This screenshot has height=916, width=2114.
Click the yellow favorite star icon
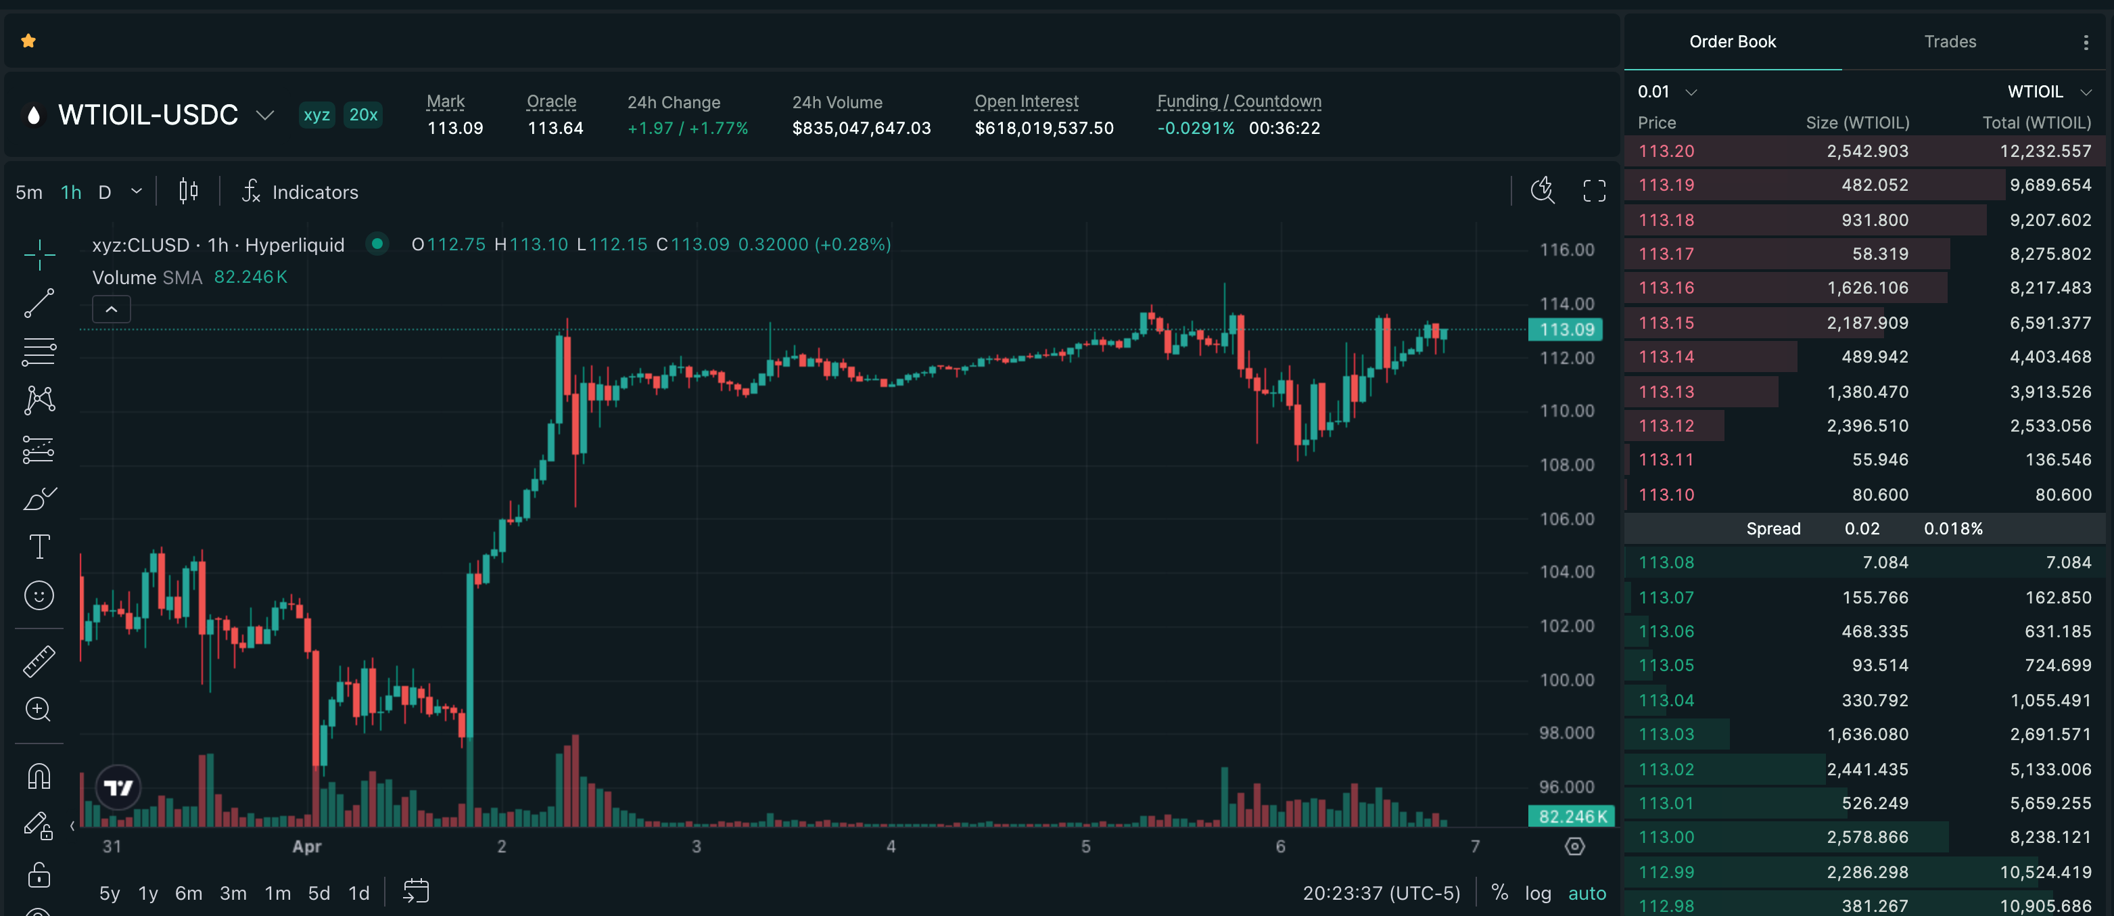click(28, 41)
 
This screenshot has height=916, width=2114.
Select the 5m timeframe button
click(28, 193)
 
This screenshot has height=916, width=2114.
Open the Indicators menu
click(300, 192)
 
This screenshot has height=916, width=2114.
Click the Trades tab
click(1950, 42)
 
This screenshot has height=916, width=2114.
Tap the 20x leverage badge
click(362, 115)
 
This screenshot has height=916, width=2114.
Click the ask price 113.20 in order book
click(1666, 151)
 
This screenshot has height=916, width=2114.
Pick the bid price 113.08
click(1666, 563)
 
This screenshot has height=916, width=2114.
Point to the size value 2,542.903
click(1867, 151)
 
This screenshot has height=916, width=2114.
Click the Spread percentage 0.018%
click(1953, 528)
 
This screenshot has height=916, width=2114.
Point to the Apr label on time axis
click(307, 846)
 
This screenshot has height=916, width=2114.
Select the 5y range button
click(109, 893)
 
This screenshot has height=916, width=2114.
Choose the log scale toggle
click(1538, 893)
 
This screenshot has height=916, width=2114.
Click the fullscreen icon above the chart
click(1594, 191)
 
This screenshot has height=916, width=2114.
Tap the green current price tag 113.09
click(1566, 330)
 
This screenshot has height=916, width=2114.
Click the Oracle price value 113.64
click(555, 129)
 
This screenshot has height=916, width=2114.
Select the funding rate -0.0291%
click(1196, 129)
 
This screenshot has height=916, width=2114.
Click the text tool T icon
click(39, 547)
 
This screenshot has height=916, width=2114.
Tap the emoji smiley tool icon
click(39, 596)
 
